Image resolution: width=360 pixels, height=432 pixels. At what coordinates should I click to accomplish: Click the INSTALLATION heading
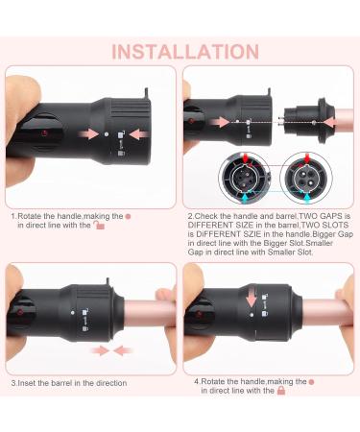[x=185, y=52]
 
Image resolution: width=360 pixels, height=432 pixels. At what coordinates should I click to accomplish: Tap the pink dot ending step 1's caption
[x=129, y=217]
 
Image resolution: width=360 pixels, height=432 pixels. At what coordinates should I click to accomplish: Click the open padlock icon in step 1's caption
[x=99, y=226]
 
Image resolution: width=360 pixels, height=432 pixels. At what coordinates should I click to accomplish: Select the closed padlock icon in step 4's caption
[x=281, y=391]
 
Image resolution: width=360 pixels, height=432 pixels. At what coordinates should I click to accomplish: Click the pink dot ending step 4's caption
[x=312, y=382]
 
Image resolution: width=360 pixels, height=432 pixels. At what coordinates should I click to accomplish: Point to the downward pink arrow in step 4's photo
[x=252, y=298]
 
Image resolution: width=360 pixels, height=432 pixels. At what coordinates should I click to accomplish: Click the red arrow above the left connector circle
[x=246, y=157]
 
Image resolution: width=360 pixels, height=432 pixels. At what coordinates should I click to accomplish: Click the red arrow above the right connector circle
[x=307, y=158]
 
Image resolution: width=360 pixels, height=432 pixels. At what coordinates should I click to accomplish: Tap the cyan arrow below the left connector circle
[x=246, y=198]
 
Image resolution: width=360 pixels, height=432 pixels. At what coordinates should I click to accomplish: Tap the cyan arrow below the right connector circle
[x=307, y=198]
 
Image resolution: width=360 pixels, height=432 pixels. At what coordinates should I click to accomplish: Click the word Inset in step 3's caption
[x=26, y=383]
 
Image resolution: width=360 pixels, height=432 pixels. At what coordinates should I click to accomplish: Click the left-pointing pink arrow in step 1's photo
[x=139, y=133]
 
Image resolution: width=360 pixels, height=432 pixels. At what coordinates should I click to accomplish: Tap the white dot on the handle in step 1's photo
[x=107, y=134]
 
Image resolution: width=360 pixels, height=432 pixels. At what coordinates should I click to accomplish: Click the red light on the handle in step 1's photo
[x=44, y=132]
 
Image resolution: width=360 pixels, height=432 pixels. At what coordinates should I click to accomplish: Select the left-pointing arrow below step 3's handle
[x=124, y=350]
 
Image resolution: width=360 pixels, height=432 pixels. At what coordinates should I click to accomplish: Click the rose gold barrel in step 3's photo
[x=150, y=314]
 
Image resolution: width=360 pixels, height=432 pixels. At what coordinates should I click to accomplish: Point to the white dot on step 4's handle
[x=252, y=315]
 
